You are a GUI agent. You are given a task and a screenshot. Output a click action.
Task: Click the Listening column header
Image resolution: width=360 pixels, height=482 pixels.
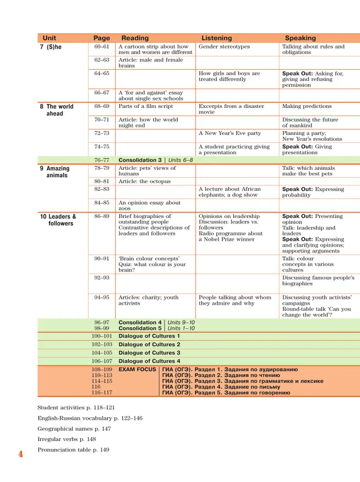(217, 38)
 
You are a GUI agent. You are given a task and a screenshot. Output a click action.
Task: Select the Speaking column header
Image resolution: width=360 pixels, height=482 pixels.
(300, 38)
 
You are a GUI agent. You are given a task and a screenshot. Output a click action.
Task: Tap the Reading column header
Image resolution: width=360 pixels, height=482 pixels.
(135, 38)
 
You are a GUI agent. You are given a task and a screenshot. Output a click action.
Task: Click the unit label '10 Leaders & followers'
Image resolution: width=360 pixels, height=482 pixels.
(58, 220)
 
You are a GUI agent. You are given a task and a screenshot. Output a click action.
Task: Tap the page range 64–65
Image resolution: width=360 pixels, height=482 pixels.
(102, 74)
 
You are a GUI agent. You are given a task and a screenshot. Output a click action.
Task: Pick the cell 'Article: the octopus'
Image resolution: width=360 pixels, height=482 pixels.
(145, 182)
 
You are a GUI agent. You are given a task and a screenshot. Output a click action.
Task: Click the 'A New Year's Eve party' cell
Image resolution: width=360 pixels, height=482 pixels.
(230, 133)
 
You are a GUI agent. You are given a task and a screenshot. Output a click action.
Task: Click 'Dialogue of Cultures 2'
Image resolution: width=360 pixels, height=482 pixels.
(149, 344)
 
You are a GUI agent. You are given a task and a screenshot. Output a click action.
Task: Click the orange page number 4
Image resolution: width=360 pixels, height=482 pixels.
(20, 454)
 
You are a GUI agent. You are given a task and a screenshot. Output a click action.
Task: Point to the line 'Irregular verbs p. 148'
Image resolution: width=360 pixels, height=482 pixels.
(66, 439)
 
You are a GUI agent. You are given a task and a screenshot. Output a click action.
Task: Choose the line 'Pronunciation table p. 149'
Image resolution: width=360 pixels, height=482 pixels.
(73, 449)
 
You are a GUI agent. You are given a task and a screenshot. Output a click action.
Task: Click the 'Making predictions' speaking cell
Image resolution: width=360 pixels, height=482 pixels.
(307, 106)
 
